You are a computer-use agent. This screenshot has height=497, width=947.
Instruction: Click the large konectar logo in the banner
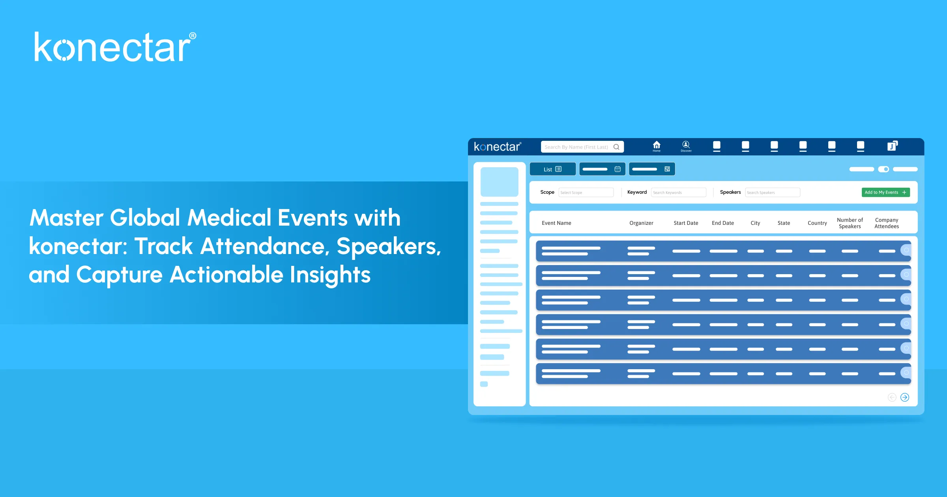(112, 47)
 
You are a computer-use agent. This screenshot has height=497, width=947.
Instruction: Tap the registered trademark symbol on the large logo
(193, 36)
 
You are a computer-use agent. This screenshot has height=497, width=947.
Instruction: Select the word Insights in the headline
(330, 275)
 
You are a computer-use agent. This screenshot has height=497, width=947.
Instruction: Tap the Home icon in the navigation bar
(657, 146)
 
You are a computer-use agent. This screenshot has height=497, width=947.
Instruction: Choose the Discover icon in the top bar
(686, 146)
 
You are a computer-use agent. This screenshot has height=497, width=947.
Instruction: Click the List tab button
(552, 169)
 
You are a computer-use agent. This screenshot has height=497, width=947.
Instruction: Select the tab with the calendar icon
(602, 169)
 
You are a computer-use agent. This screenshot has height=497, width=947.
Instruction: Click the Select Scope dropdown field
(586, 192)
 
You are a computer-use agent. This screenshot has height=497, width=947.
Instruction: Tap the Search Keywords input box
(678, 192)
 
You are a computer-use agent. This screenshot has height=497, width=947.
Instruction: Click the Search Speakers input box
(772, 192)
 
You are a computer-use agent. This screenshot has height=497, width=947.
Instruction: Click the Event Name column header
(556, 223)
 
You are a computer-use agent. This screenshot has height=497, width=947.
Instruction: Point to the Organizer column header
(641, 223)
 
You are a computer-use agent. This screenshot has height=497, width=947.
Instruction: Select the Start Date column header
(686, 223)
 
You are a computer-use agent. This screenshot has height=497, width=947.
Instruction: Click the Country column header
(817, 223)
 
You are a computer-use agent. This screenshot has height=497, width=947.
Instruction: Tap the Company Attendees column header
(887, 223)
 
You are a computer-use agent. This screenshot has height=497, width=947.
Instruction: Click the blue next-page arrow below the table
(905, 397)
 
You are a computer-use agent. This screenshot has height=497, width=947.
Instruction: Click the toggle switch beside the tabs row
(883, 169)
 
